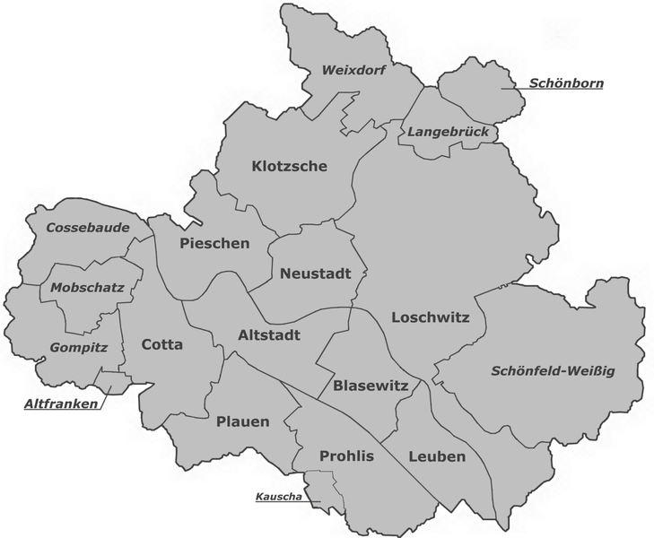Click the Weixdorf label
353,70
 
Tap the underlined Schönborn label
565,83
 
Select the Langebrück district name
448,132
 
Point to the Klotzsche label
290,166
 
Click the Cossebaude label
87,228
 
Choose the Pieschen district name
214,243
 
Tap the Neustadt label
310,273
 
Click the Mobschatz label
87,288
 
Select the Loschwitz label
431,317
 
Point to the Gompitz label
79,347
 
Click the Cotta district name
162,344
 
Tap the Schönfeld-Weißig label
554,370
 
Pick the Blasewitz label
371,386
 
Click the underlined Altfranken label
60,404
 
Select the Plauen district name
242,421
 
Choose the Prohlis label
346,456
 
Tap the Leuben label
437,456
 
